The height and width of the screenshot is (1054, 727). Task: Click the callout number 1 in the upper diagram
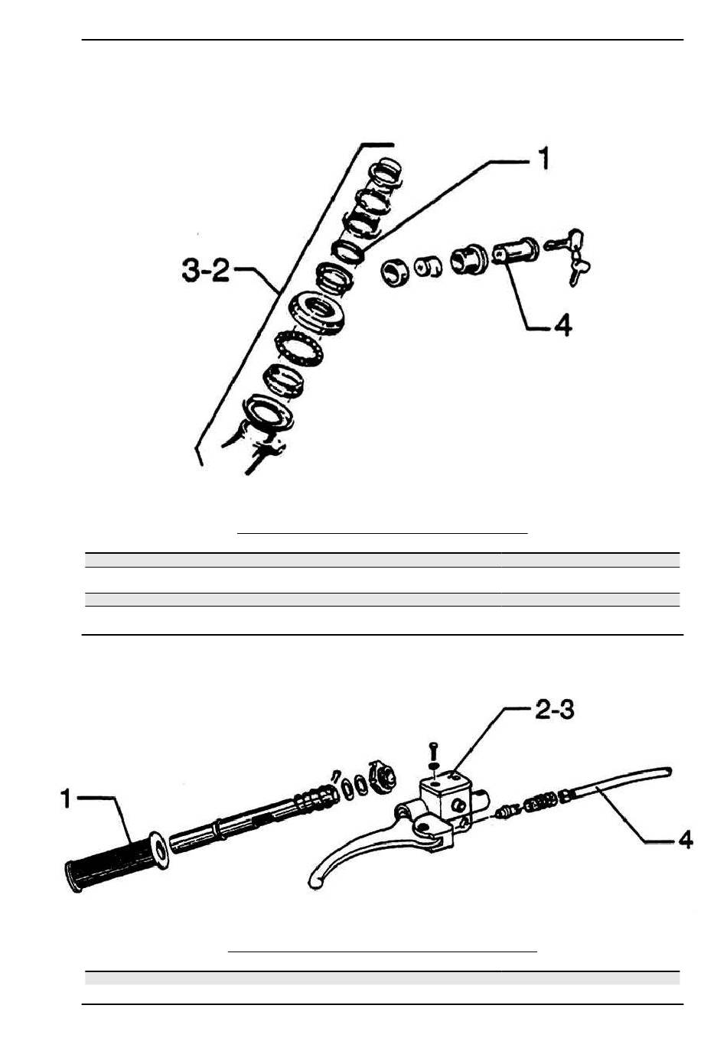click(x=543, y=158)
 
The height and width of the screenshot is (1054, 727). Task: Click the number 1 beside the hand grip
click(x=66, y=799)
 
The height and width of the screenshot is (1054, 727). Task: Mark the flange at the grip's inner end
click(x=158, y=851)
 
